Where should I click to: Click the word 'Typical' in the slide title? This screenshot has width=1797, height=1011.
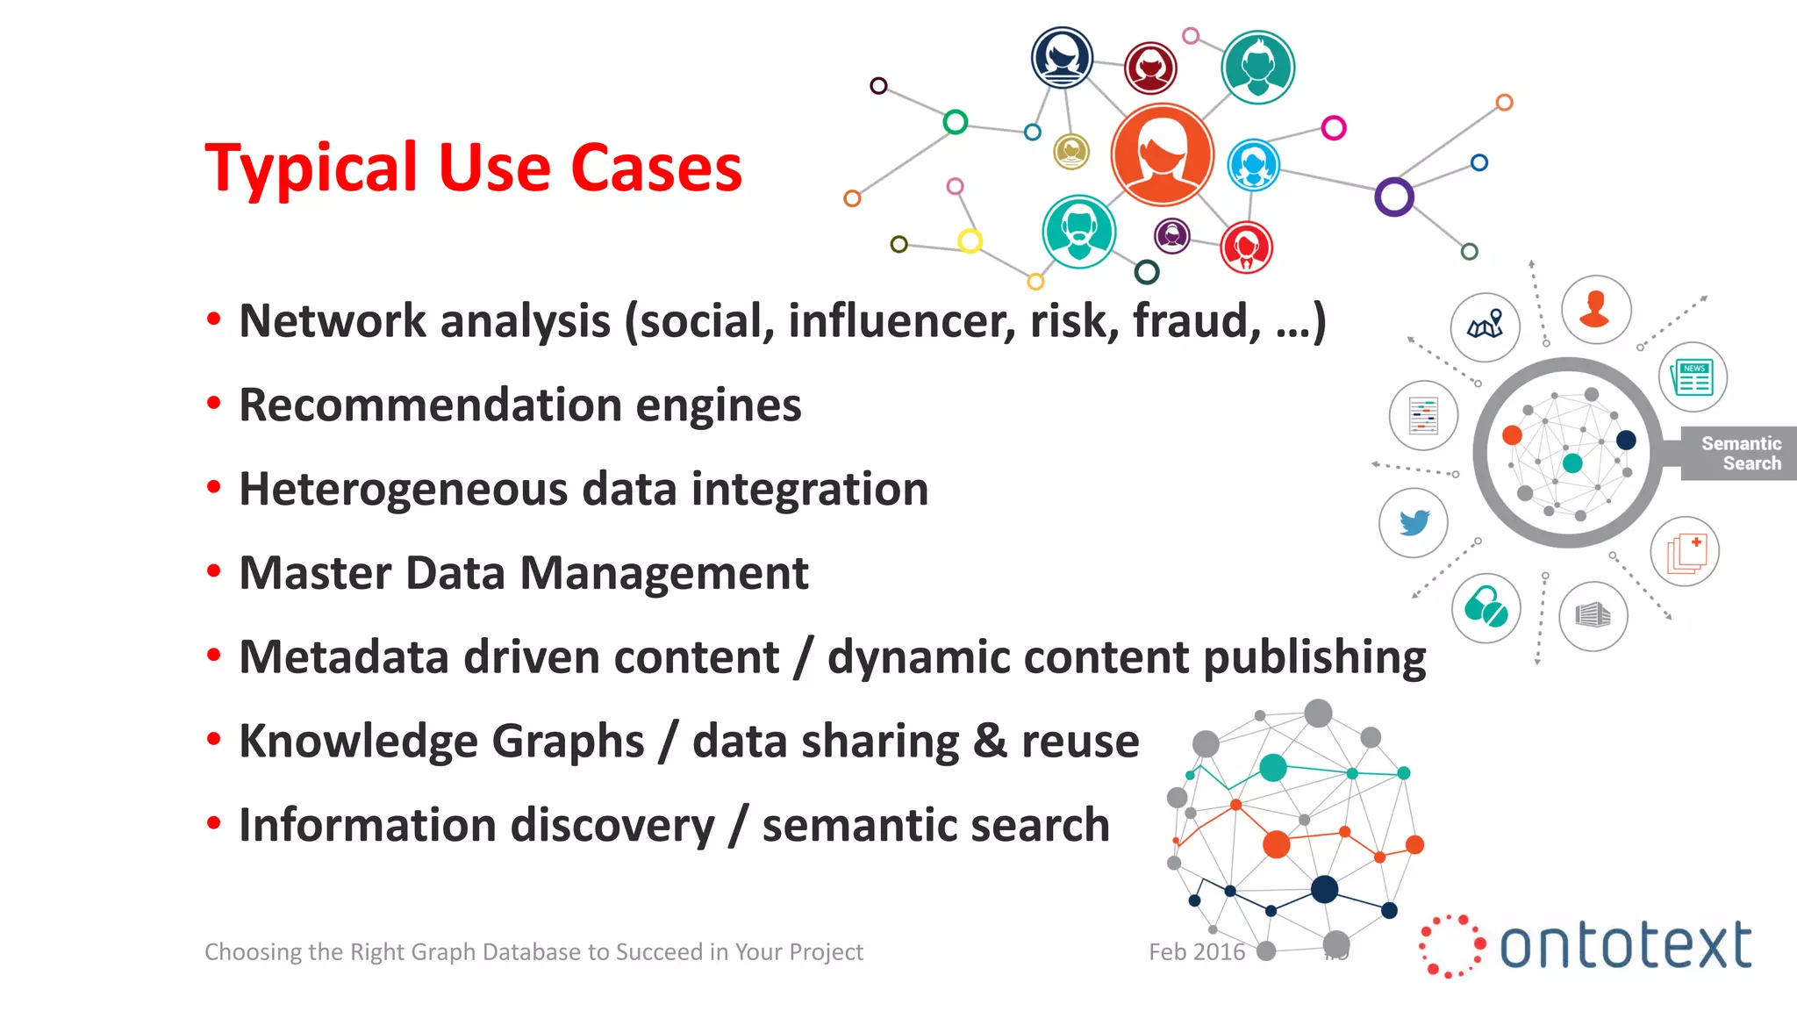point(311,168)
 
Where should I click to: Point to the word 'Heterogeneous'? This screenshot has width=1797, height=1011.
point(403,490)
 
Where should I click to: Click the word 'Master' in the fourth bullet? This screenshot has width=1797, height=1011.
point(314,573)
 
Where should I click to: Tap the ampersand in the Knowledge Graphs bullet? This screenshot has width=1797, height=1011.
point(990,742)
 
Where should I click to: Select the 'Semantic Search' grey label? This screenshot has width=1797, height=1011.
point(1740,454)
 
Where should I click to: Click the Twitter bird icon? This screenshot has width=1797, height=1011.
point(1414,523)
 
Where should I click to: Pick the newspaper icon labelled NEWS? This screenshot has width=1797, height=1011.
point(1693,377)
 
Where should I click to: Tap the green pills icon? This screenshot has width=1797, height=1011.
point(1486,607)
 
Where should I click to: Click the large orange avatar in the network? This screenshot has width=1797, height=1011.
point(1162,155)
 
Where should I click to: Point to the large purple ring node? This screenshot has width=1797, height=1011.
point(1393,197)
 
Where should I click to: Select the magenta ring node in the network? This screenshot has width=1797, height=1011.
point(1333,128)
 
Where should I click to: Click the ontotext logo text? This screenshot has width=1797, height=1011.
point(1625,946)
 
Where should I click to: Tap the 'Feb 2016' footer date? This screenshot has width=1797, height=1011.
point(1197,952)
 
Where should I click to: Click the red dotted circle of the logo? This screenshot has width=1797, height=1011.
point(1450,946)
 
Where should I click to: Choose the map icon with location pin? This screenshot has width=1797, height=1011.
point(1486,327)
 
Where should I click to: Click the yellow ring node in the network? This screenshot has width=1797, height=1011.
point(970,240)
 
